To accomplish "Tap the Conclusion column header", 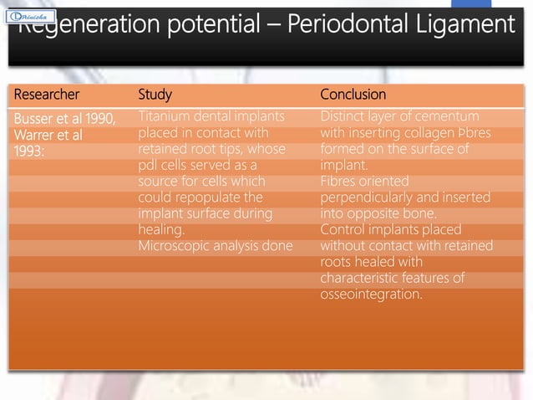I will tap(353, 95).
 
